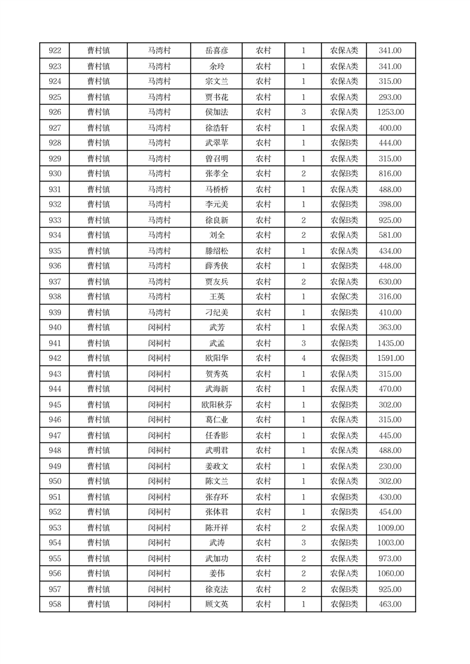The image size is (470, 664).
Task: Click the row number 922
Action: pos(54,51)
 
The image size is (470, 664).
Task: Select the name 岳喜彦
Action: pos(215,51)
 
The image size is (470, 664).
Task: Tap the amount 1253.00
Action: pos(390,112)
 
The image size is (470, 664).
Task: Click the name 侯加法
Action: pos(215,112)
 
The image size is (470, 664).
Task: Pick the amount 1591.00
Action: pos(390,359)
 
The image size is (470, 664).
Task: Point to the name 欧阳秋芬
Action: pos(215,405)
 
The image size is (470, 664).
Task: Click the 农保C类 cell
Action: pos(344,297)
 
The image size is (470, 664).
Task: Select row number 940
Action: pos(54,328)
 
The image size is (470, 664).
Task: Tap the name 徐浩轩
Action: pos(215,128)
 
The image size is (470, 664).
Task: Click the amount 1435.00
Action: pos(390,343)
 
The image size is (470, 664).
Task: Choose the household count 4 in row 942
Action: pos(303,359)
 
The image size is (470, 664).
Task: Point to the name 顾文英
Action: pos(215,605)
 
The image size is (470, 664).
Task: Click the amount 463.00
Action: pos(390,605)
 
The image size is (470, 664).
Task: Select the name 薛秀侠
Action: pos(215,266)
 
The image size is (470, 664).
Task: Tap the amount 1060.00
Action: pos(390,574)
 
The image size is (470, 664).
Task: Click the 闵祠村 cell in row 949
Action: pos(159,466)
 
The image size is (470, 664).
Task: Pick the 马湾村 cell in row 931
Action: pos(159,189)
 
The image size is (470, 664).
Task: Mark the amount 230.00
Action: pos(390,466)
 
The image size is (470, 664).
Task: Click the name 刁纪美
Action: pos(215,312)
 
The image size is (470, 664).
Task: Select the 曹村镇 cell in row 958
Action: pos(98,605)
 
